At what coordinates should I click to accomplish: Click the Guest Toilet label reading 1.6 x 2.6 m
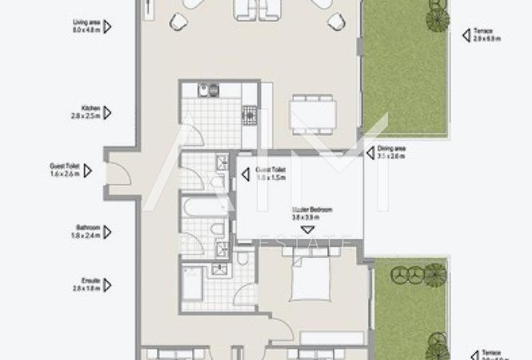[x=65, y=170]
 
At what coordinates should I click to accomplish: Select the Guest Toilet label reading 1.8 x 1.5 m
[x=270, y=174]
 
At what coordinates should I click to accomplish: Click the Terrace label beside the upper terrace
[x=483, y=34]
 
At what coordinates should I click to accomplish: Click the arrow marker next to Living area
[x=108, y=27]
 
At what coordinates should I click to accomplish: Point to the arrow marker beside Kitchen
[x=108, y=112]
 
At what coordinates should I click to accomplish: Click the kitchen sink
[x=204, y=91]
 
